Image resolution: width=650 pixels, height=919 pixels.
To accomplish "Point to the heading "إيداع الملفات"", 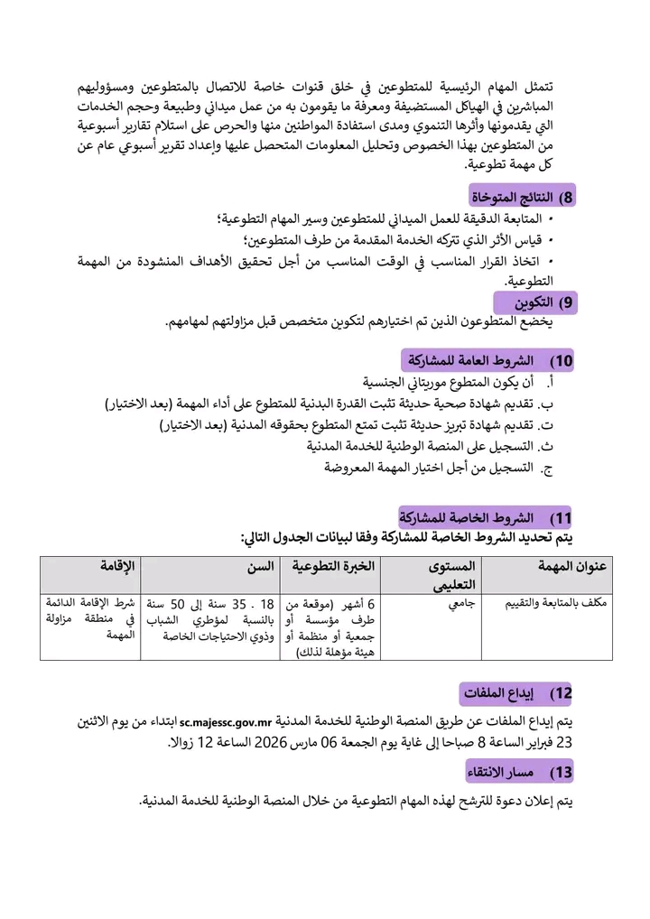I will [515, 694].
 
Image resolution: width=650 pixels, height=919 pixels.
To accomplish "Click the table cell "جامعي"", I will [457, 602].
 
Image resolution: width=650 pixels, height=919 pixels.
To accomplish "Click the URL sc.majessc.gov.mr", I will [226, 722].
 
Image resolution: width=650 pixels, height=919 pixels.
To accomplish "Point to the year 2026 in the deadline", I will [269, 743].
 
